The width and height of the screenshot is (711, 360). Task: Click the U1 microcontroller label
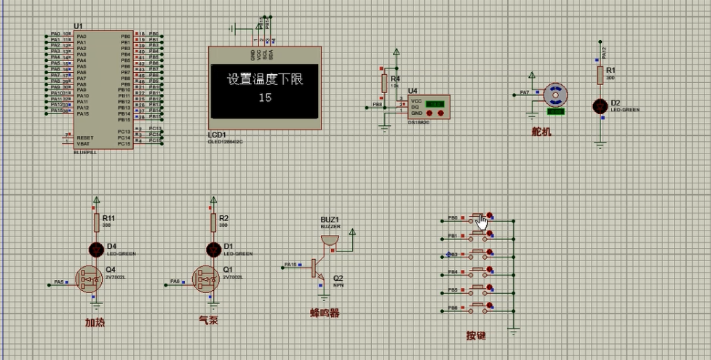click(78, 26)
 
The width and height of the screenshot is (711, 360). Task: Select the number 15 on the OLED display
click(265, 97)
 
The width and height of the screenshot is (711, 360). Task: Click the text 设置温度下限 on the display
click(264, 79)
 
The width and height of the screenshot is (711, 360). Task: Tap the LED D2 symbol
click(601, 106)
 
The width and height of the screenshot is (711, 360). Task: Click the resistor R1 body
click(601, 75)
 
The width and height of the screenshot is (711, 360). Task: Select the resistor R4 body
click(385, 83)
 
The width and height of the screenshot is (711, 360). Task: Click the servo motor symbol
click(555, 95)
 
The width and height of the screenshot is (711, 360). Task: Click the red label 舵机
click(541, 132)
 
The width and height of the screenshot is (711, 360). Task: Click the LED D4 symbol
click(96, 249)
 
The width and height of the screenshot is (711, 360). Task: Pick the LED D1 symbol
click(213, 249)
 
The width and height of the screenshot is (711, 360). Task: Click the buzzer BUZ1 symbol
click(330, 241)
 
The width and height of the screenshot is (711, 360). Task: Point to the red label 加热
click(95, 322)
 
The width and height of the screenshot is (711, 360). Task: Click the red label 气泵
click(209, 319)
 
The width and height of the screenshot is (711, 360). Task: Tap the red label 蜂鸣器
click(325, 313)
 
